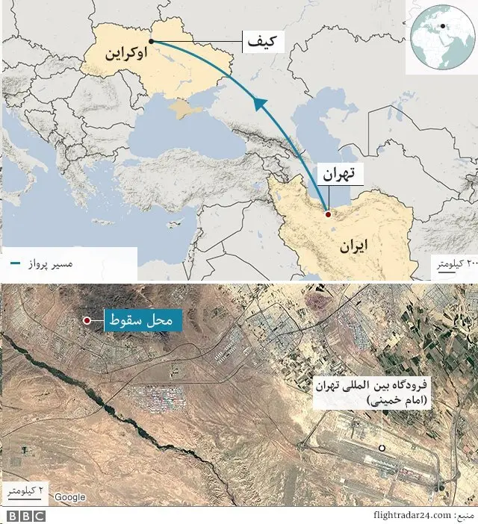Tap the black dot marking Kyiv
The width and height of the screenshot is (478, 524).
(x=152, y=41)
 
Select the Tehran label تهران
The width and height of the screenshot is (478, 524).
(x=339, y=175)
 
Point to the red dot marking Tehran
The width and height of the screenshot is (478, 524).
(x=327, y=214)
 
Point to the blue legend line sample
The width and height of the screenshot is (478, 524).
(x=15, y=264)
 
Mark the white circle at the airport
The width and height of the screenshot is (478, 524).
(x=382, y=448)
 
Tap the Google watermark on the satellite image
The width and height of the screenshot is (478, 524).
(x=69, y=497)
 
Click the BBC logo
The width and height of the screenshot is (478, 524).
(x=25, y=515)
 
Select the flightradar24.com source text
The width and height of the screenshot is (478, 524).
(x=412, y=515)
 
